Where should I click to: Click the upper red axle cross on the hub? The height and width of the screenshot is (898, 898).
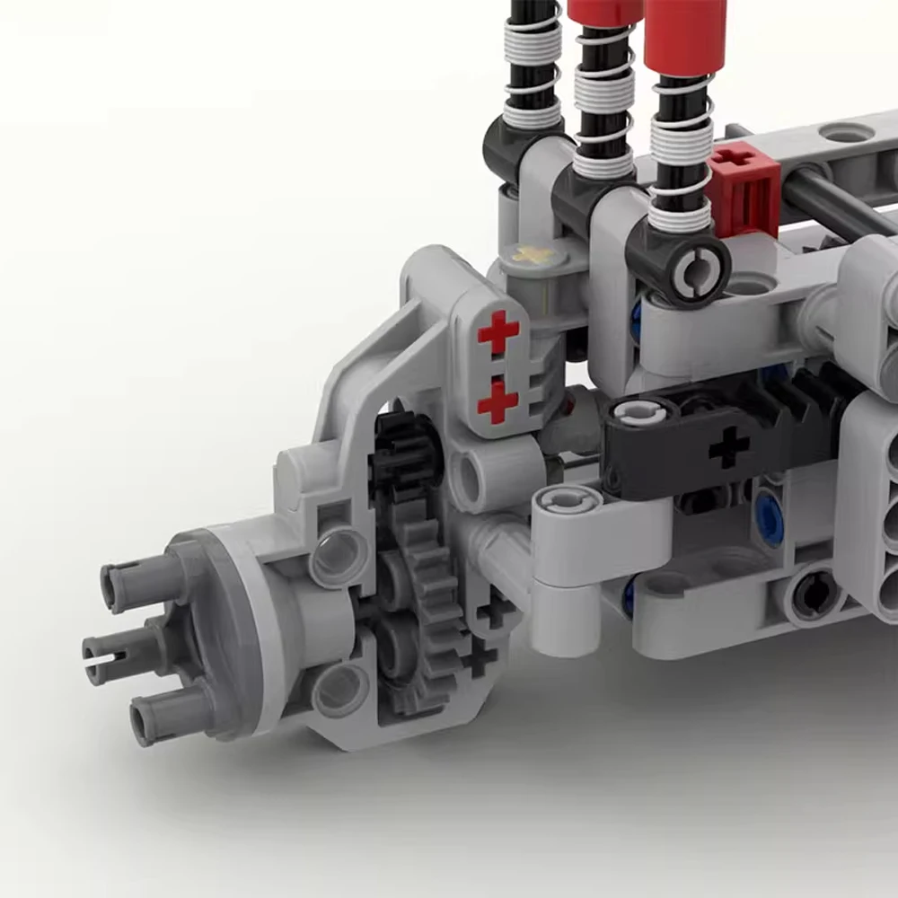(x=498, y=333)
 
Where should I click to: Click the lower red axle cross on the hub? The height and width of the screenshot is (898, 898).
(x=497, y=400)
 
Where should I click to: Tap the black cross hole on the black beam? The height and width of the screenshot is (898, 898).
(x=729, y=446)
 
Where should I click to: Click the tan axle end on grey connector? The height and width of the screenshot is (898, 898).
(x=532, y=255)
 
